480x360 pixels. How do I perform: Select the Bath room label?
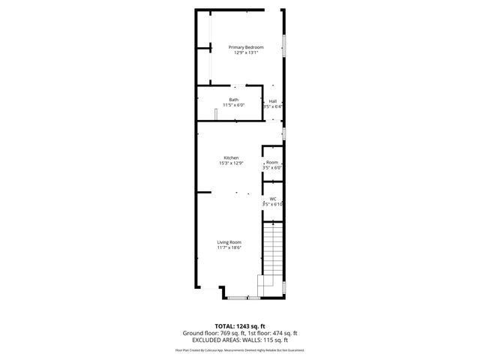point(234,100)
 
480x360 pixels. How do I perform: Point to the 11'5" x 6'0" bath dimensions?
point(234,105)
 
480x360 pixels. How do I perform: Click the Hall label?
point(273,101)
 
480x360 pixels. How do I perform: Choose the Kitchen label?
point(230,157)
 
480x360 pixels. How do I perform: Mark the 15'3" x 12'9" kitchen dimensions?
point(230,163)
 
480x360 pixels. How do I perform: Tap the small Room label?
point(272,162)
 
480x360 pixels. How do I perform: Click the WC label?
point(273,199)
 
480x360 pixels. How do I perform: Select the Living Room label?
point(229,241)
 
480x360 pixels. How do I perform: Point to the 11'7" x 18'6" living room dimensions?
point(229,247)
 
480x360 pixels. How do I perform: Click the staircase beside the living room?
point(272,251)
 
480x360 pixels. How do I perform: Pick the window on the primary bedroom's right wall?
point(283,45)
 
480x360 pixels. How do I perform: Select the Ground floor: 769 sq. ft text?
point(210,332)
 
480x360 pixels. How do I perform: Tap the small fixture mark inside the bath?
point(216,114)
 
